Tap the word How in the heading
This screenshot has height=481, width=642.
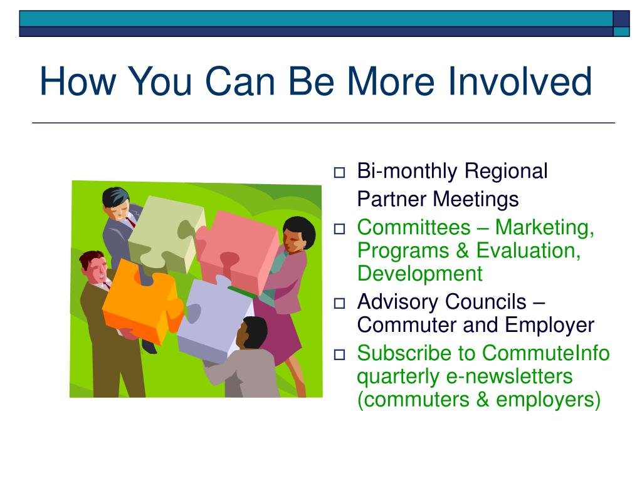coord(78,81)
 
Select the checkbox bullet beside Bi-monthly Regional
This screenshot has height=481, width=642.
coord(339,173)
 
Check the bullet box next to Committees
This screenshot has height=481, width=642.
coord(339,229)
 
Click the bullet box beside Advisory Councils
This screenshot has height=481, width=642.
coord(339,304)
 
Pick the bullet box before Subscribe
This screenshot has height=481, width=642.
coord(339,354)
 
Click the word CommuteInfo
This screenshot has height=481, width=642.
coord(546,353)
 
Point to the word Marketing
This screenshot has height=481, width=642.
coord(545,228)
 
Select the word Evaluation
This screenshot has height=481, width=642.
coord(529,251)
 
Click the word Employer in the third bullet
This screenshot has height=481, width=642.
coord(549,326)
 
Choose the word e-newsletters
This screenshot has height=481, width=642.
coord(509,376)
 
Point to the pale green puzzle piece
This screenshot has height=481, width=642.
coord(166,233)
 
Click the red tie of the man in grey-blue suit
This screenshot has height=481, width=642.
coord(130,222)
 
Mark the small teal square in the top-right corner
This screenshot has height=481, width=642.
coord(621,31)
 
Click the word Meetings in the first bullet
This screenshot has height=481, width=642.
coord(476,200)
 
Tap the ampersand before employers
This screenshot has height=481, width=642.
coord(483,399)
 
